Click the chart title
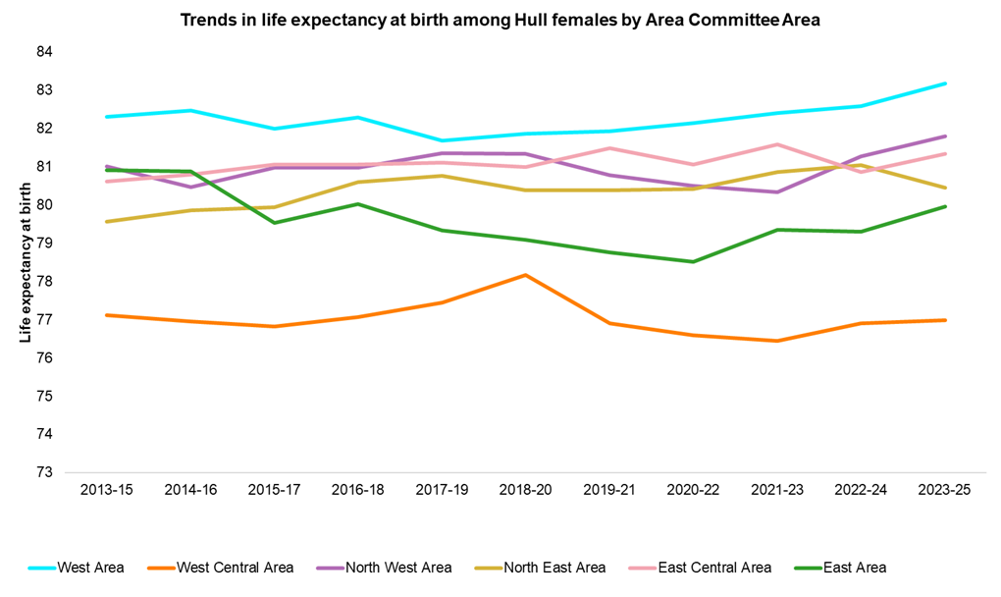pos(500,19)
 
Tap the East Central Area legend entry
pos(713,568)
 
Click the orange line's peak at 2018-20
pos(525,275)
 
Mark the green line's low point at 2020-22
pos(693,262)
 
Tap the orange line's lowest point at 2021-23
pos(777,341)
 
